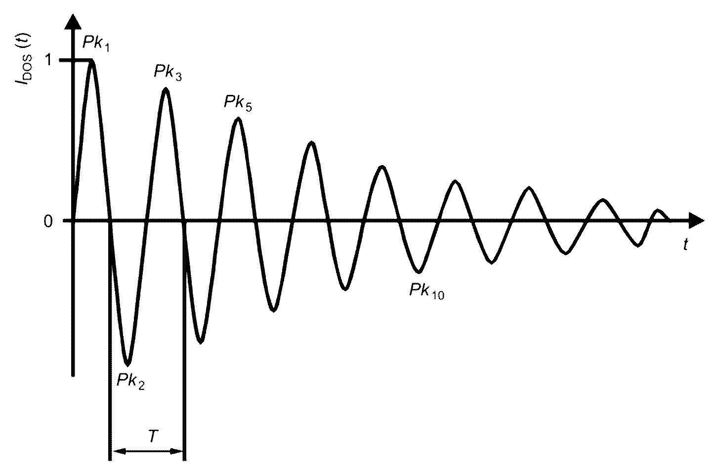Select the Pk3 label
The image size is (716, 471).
[x=168, y=72]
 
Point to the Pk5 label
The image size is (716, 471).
[x=238, y=102]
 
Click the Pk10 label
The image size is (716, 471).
[x=426, y=291]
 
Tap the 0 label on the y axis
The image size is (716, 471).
[x=48, y=221]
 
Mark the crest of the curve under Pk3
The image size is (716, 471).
[x=166, y=89]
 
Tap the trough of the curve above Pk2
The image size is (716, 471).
[x=128, y=364]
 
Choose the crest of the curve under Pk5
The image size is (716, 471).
[x=238, y=119]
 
